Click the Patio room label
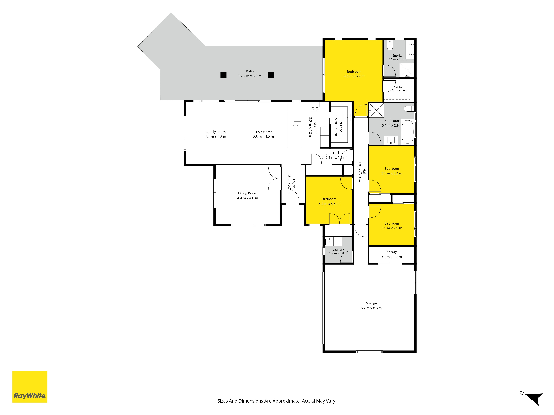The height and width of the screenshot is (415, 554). [250, 71]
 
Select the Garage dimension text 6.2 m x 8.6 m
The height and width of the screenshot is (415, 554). [371, 308]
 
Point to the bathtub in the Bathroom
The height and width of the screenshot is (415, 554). [407, 132]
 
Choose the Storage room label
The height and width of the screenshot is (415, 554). [391, 252]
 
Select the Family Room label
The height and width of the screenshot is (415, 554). [216, 132]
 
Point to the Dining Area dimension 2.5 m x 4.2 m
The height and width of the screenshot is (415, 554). [263, 137]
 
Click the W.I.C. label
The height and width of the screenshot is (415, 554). [399, 87]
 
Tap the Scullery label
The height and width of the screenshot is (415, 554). [341, 126]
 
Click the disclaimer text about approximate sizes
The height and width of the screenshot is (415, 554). [277, 401]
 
